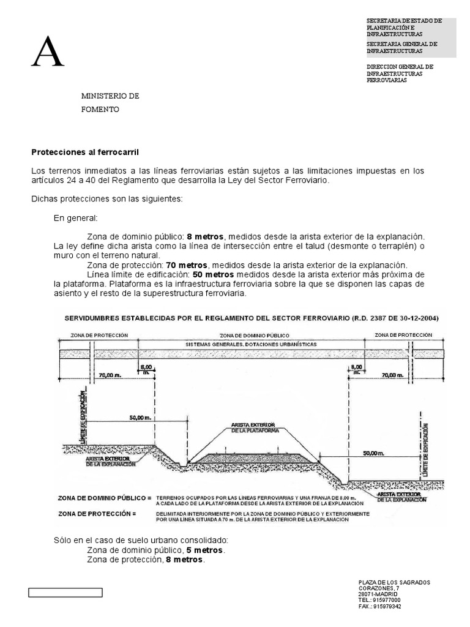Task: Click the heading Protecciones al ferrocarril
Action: coord(86,151)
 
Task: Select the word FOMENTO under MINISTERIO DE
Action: coord(101,110)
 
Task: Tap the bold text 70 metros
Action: coord(187,265)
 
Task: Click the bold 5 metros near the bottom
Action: coord(206,550)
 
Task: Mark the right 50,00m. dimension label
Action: coord(373,454)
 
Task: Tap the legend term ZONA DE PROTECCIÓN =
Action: coord(96,514)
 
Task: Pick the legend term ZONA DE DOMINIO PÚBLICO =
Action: coord(105,498)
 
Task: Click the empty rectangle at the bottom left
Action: coord(65,592)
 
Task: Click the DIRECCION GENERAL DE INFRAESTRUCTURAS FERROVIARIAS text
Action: coord(400,73)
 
